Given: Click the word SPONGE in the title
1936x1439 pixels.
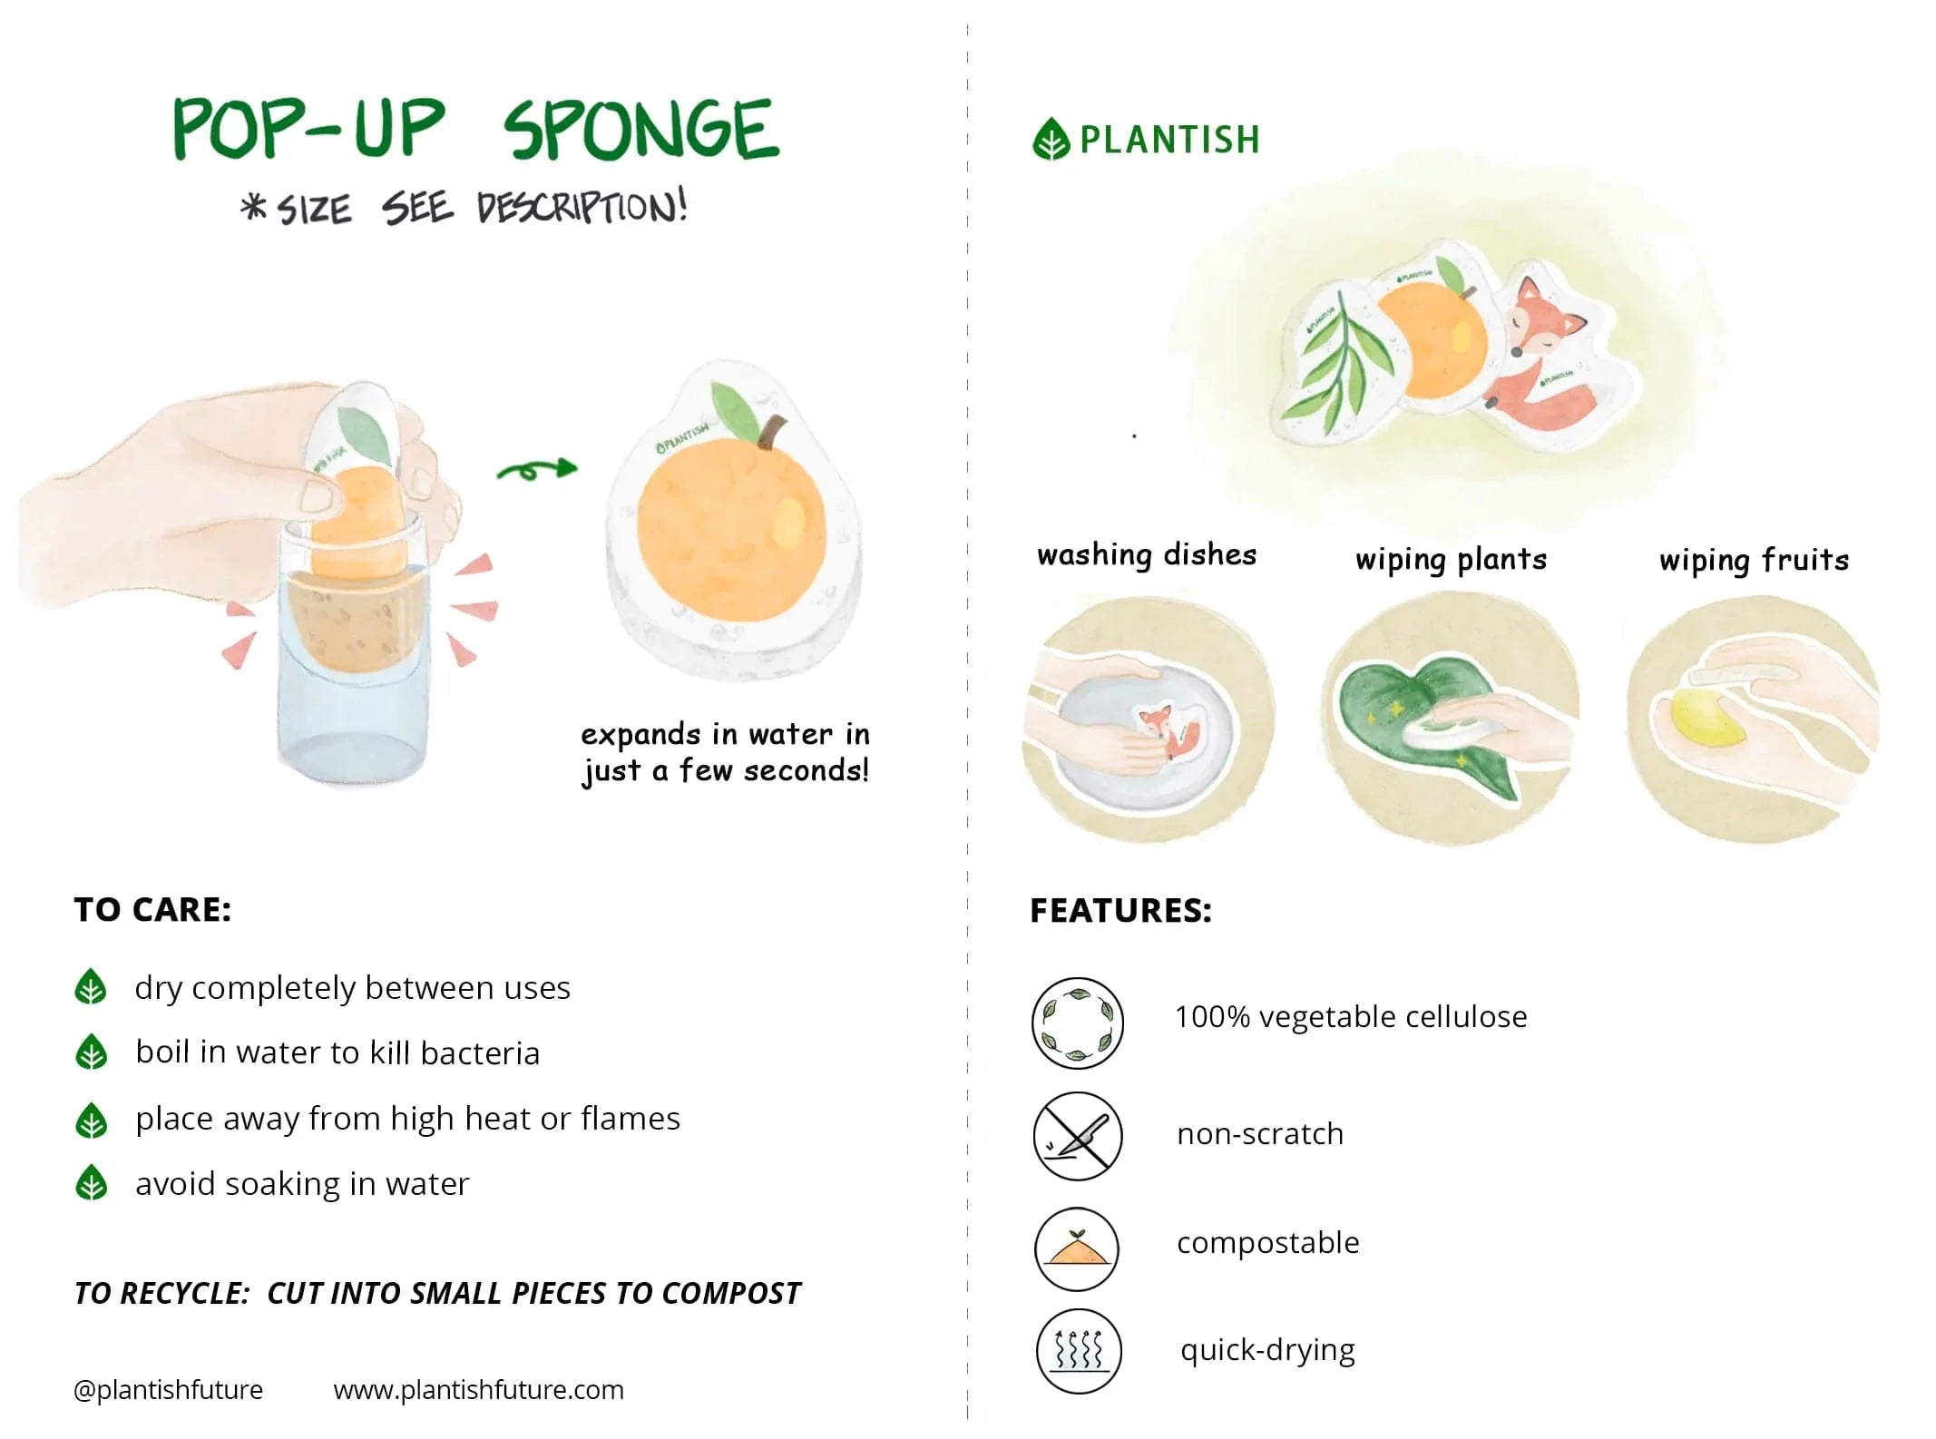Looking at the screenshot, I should click(640, 130).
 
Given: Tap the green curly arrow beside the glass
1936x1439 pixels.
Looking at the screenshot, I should click(536, 469).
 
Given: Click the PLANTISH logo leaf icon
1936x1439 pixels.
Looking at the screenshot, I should click(1051, 139).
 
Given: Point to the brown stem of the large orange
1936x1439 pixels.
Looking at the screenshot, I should click(770, 432).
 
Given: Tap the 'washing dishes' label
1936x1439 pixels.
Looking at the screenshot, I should click(1147, 554).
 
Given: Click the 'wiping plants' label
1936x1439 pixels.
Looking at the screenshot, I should click(1451, 559).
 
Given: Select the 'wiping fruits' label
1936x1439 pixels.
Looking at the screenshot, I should click(1754, 560).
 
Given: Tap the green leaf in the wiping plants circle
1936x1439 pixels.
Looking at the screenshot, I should click(1397, 717).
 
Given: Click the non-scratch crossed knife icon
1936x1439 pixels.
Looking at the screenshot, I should click(1078, 1135).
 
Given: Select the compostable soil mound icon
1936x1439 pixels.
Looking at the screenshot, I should click(1077, 1249).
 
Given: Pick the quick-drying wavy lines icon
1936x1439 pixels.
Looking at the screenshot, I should click(1079, 1351).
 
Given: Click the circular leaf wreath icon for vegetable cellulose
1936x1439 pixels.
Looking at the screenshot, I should click(1078, 1023).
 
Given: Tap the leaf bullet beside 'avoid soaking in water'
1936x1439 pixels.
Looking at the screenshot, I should click(91, 1183).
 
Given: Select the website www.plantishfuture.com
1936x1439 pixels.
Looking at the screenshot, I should click(478, 1389).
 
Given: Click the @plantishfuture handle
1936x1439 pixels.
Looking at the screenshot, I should click(168, 1389).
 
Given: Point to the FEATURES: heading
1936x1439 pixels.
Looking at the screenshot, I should click(1120, 910).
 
